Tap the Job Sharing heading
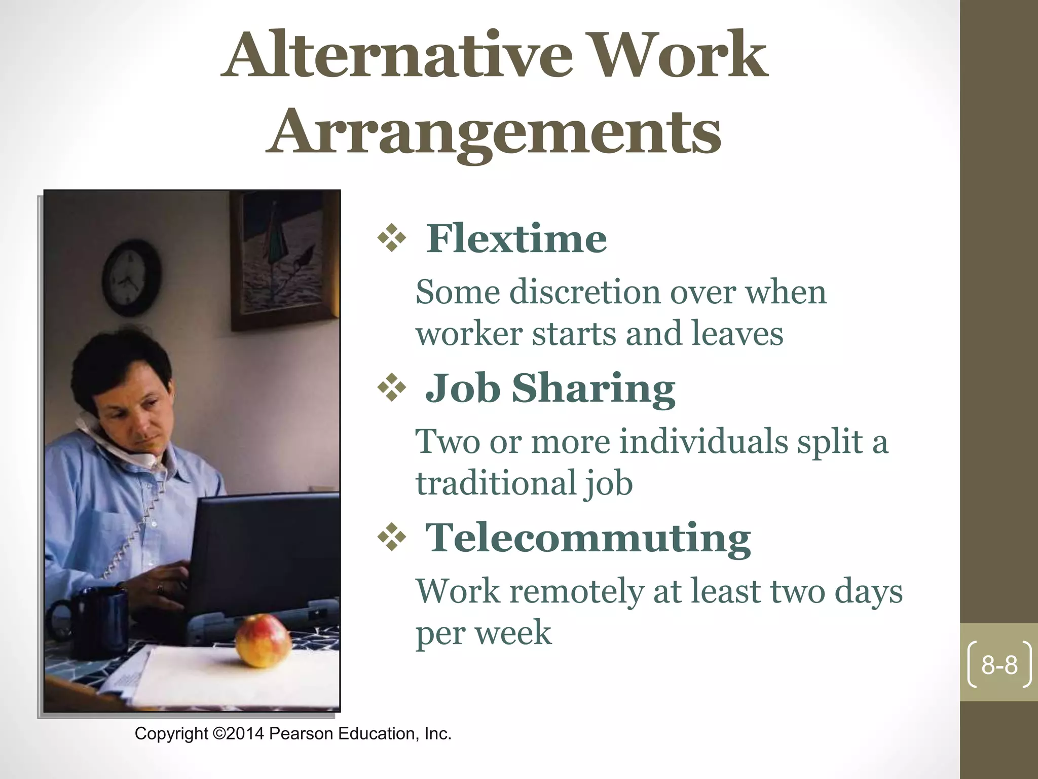[550, 388]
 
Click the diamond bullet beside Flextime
[392, 237]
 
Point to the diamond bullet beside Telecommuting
[392, 537]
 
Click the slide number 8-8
[999, 665]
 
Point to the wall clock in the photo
[131, 278]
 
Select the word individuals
[704, 442]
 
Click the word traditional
[496, 483]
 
